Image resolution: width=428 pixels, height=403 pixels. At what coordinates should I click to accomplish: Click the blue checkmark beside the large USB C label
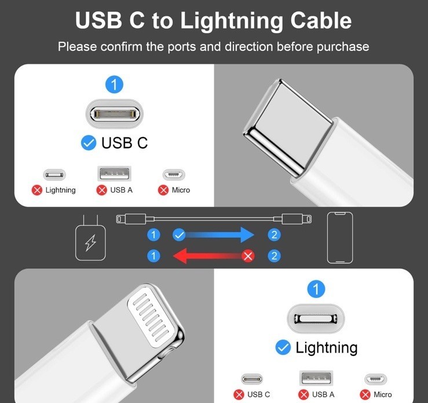89,143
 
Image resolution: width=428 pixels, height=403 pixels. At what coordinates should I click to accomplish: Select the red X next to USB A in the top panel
101,190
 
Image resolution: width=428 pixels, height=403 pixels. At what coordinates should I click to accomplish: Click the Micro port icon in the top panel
174,175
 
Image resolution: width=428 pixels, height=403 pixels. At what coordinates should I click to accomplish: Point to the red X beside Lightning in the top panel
37,190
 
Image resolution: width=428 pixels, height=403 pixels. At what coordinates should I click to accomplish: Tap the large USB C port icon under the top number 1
114,114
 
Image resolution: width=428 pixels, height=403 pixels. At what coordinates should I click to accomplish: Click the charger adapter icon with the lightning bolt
90,238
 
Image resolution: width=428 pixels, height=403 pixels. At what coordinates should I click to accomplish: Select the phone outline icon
340,238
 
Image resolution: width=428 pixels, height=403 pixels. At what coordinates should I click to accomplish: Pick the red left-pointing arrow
211,256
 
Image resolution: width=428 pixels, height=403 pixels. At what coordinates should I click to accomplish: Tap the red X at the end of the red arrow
248,256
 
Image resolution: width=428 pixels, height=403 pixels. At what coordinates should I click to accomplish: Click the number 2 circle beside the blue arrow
275,235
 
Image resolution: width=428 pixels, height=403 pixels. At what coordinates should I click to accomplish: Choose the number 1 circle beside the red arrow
153,256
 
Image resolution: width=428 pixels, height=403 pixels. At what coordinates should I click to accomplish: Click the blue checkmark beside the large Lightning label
283,347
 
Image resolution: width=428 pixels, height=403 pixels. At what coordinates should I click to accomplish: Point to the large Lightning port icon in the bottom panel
316,318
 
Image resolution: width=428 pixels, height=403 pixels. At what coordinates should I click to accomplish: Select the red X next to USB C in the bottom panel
239,394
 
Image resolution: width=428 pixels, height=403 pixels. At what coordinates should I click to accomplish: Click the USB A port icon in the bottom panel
316,378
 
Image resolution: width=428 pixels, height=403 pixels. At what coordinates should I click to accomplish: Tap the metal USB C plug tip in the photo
288,126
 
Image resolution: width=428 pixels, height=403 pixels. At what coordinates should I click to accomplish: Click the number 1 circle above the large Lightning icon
316,289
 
